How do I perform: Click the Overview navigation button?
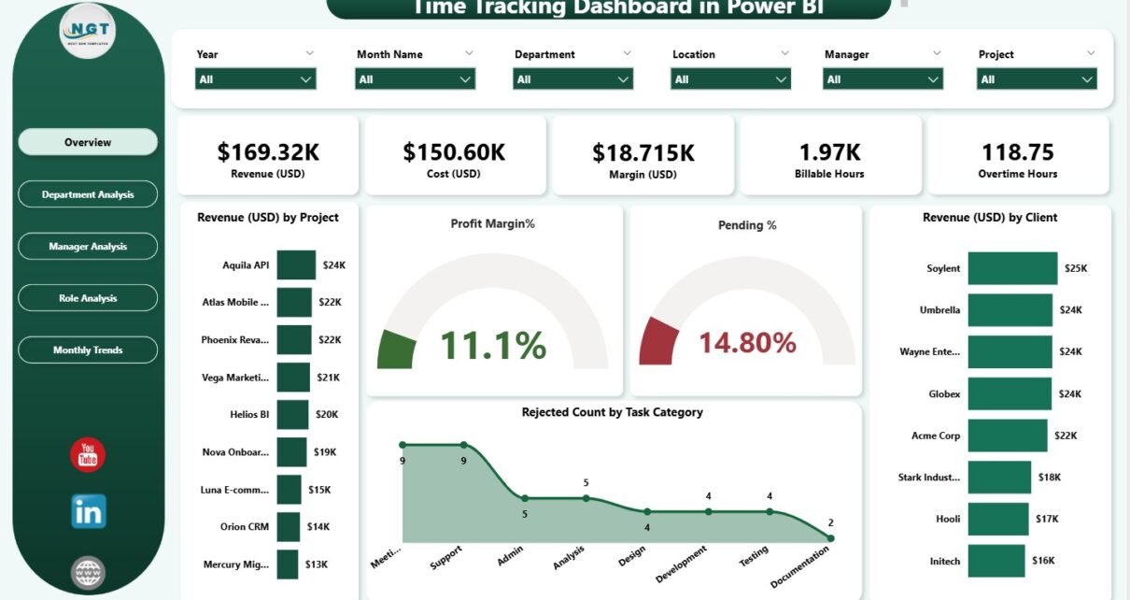(x=88, y=142)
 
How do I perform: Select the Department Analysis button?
(x=88, y=194)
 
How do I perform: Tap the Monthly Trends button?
(x=88, y=350)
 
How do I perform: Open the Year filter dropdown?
(x=255, y=79)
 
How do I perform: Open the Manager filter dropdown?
(x=883, y=79)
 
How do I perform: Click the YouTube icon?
(x=88, y=455)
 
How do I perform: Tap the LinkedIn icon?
(x=88, y=511)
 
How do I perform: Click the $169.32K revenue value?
(x=267, y=151)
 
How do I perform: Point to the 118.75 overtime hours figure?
(x=1017, y=151)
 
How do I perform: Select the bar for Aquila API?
(x=296, y=264)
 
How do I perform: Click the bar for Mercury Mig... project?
(x=288, y=564)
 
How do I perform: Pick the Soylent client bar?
(x=1012, y=268)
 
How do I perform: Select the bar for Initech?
(x=998, y=561)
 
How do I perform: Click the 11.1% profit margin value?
(x=492, y=345)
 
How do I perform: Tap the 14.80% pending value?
(x=747, y=343)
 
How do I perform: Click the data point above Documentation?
(x=830, y=537)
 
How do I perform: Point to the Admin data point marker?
(x=525, y=498)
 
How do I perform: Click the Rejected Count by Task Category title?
(x=612, y=412)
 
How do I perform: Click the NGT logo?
(x=88, y=31)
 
